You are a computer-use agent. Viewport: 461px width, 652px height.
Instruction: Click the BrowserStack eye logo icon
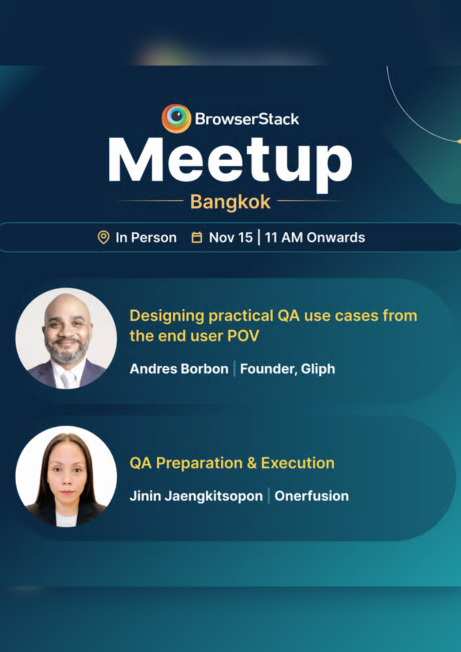coord(176,118)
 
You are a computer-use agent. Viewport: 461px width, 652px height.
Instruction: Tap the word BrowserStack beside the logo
coord(247,119)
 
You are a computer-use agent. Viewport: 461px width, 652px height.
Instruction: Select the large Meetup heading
coord(230,160)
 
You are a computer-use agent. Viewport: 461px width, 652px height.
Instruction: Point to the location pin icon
coord(104,237)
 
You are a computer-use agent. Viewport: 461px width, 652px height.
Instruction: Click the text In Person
coord(146,237)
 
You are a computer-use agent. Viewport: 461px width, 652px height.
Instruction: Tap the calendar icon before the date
coord(197,237)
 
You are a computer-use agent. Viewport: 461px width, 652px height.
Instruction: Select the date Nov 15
coord(231,237)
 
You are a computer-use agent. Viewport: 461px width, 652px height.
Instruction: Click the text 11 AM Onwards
coord(315,237)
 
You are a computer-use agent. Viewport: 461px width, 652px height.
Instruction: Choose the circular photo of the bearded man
coord(66,338)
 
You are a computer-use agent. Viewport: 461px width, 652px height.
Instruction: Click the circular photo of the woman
coord(66,476)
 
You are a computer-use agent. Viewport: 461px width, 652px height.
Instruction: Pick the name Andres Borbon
coord(179,369)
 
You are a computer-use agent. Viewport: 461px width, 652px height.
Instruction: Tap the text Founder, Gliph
coord(287,369)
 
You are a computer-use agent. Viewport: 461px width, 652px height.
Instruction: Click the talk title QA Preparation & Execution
coord(232,463)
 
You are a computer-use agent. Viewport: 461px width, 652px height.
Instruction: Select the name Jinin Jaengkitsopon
coord(196,495)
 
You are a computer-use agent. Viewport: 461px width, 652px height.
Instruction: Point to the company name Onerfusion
coord(311,495)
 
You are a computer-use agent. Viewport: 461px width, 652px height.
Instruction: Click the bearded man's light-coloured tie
coord(68,378)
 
